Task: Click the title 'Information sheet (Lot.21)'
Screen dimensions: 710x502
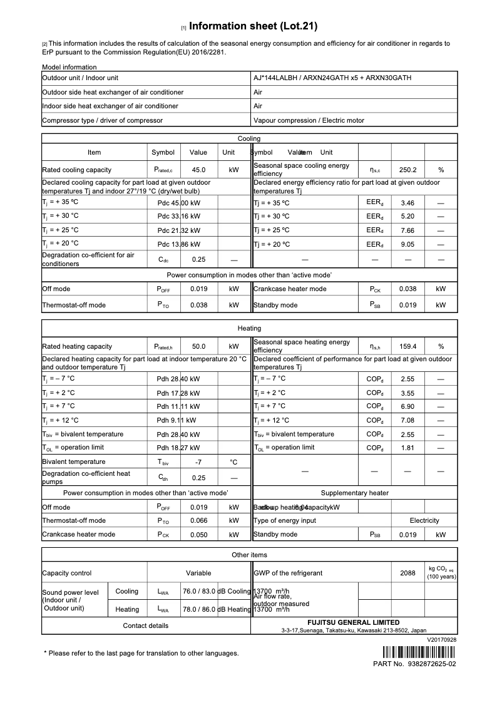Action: click(253, 26)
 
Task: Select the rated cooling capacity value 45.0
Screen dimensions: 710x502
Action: click(198, 170)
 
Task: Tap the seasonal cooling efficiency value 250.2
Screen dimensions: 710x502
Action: click(407, 170)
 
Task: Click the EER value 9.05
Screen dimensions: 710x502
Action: click(407, 244)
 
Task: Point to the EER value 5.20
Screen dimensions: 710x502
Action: click(407, 216)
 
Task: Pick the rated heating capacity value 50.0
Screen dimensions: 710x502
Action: click(198, 346)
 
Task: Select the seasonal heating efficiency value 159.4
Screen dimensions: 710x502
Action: click(407, 346)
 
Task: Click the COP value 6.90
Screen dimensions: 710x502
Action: click(407, 406)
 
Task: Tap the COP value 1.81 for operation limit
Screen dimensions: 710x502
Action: click(407, 448)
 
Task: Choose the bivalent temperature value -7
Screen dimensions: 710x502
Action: click(198, 462)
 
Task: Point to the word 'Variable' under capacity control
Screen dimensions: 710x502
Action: click(198, 573)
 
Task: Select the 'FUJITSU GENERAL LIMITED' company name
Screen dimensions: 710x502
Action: click(353, 622)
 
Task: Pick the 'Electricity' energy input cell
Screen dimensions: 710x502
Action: click(424, 520)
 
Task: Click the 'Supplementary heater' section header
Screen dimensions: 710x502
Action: click(354, 493)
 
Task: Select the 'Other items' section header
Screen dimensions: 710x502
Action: click(249, 555)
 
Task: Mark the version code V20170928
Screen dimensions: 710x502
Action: click(442, 640)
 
